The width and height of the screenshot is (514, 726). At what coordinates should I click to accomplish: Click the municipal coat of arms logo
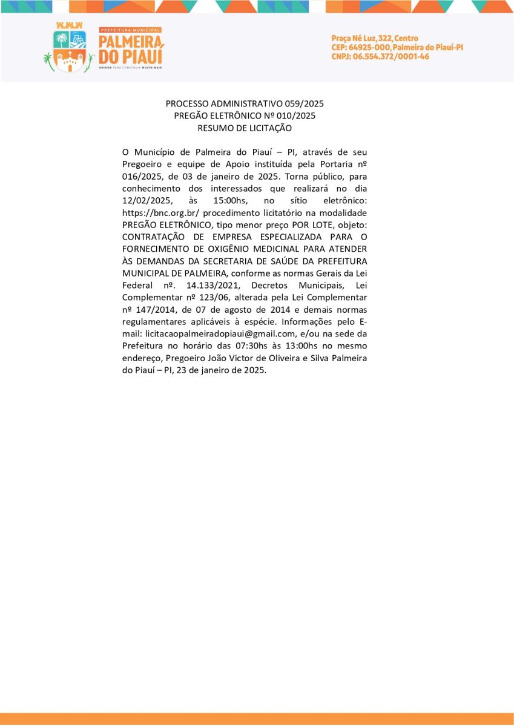69,48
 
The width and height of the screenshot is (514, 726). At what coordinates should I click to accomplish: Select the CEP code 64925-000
369,47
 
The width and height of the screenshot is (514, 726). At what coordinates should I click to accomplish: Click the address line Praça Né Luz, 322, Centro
375,38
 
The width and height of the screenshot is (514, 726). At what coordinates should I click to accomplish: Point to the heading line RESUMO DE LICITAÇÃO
245,128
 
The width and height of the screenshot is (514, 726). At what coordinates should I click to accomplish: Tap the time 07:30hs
236,345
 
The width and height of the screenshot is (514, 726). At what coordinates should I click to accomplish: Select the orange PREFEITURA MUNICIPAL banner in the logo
130,30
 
